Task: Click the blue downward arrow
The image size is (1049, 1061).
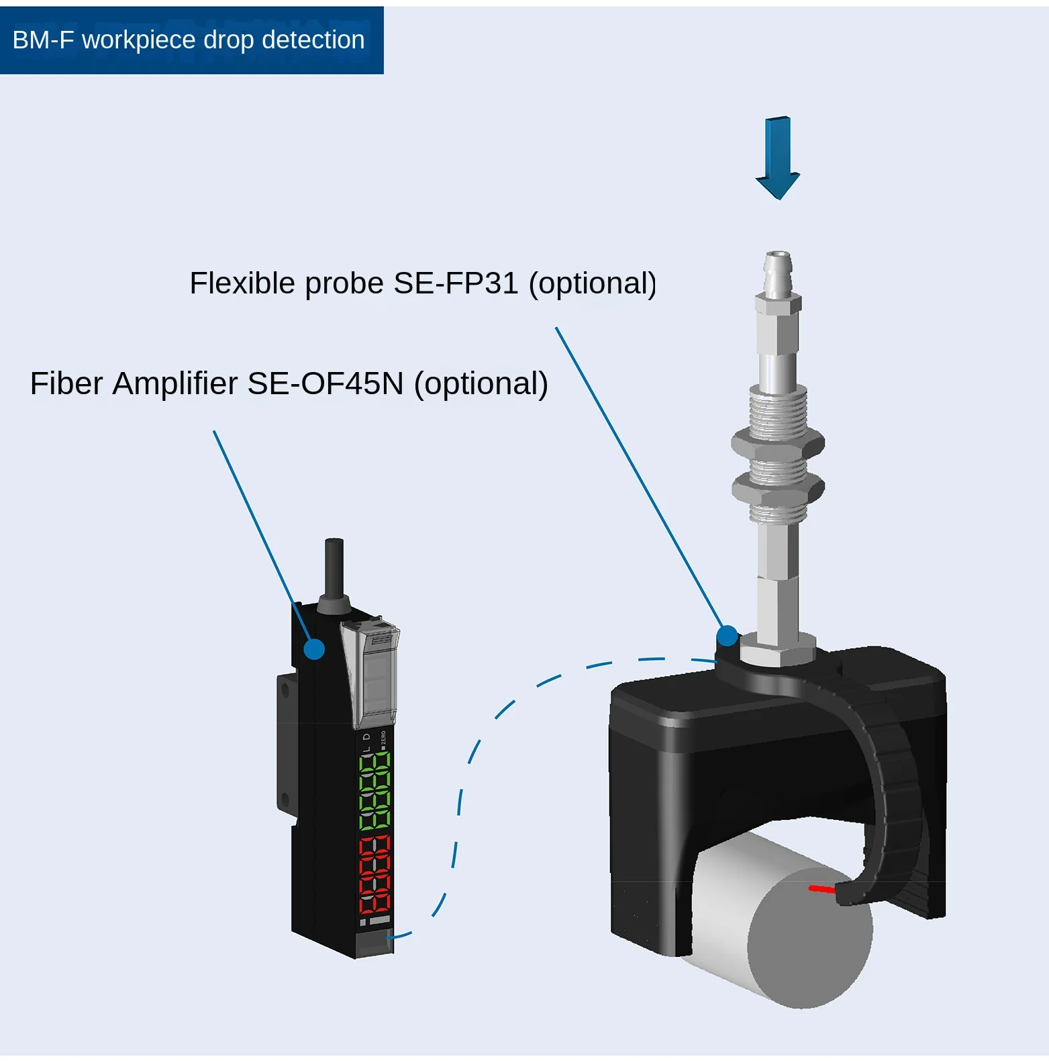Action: coord(778,158)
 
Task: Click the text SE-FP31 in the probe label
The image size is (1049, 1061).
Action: coord(456,283)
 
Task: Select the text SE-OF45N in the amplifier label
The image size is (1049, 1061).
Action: coord(326,384)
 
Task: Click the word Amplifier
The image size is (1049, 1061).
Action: coord(174,384)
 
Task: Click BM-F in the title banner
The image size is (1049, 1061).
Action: coord(43,40)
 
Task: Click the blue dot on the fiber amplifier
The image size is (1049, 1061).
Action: coord(314,649)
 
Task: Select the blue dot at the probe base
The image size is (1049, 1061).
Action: coord(727,635)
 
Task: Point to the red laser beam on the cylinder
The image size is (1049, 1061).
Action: coord(822,889)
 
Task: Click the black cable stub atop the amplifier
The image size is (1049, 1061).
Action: coord(334,567)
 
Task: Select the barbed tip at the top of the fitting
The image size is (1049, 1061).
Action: coord(779,272)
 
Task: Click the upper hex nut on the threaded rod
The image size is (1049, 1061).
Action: coord(777,443)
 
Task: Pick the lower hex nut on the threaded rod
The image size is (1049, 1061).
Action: coord(778,488)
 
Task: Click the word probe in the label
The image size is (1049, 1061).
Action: coord(343,283)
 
